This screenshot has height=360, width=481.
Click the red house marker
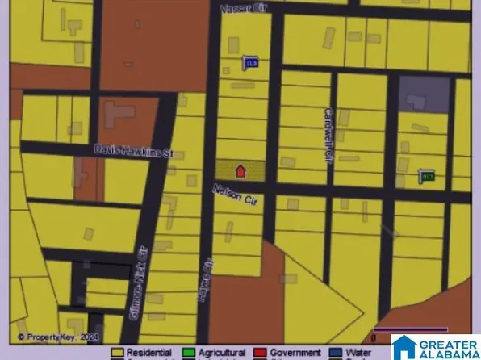(240, 170)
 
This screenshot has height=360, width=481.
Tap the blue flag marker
(250, 62)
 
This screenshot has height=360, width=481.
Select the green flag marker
(427, 175)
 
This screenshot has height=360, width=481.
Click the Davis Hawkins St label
(134, 149)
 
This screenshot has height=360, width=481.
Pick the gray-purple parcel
(424, 94)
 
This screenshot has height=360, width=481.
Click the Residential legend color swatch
(117, 353)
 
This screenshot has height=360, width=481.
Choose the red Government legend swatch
(261, 353)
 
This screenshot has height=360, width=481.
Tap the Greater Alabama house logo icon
(404, 347)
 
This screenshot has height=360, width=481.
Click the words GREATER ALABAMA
(448, 347)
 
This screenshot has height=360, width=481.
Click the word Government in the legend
(295, 353)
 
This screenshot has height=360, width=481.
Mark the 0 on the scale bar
(373, 338)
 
